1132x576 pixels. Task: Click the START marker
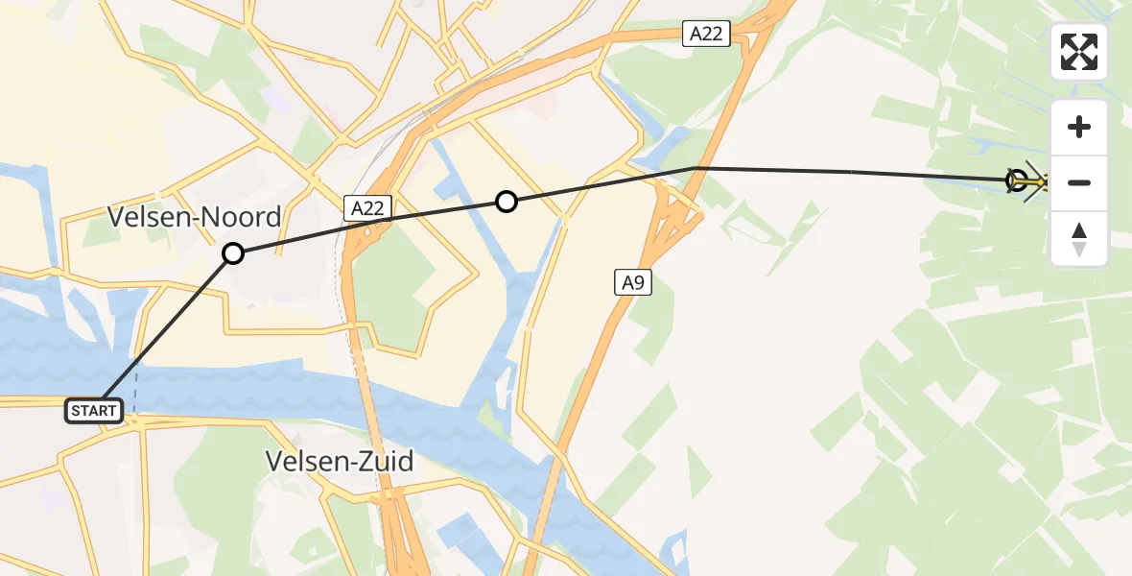tap(94, 411)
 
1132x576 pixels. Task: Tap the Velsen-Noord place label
tap(195, 217)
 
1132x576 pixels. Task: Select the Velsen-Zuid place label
tap(340, 463)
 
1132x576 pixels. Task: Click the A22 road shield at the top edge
tap(707, 35)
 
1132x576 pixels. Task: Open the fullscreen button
tap(1079, 52)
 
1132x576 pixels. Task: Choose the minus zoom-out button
tap(1079, 182)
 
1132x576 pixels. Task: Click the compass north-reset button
tap(1079, 238)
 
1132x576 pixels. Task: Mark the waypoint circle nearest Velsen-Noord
tap(233, 253)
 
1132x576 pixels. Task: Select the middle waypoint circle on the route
tap(507, 201)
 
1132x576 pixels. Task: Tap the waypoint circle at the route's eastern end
tap(1017, 180)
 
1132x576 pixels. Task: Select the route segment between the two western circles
tap(369, 228)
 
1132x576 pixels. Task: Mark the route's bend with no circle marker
tap(694, 168)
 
